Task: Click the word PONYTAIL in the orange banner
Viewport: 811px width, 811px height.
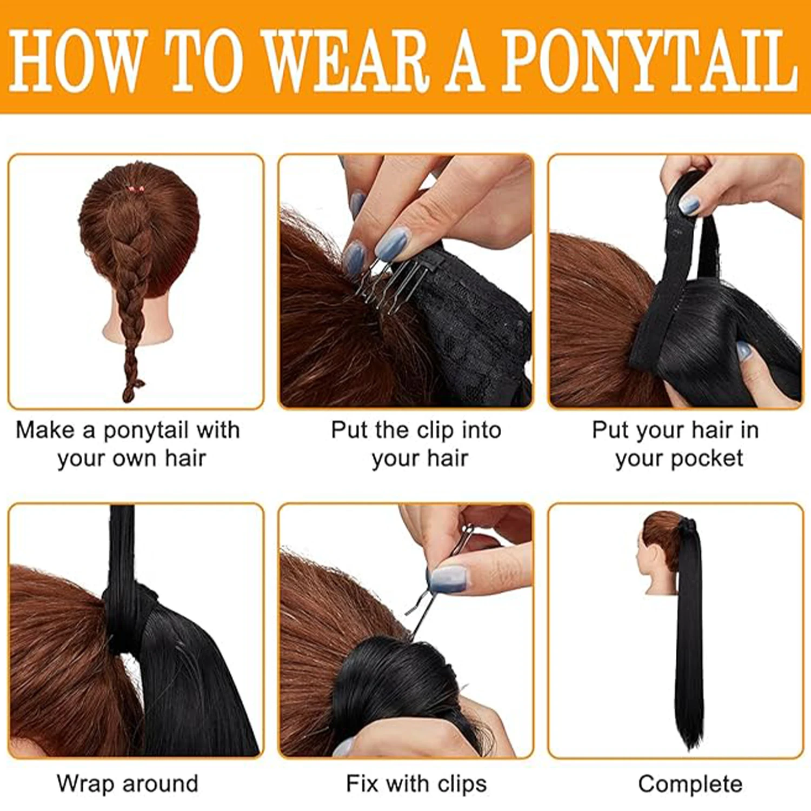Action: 649,61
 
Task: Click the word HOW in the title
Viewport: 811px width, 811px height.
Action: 78,61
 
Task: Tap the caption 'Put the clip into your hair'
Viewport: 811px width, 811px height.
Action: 416,444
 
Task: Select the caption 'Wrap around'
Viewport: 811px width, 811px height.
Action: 128,783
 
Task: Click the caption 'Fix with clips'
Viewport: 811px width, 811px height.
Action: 416,783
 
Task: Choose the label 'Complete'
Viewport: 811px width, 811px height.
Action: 690,783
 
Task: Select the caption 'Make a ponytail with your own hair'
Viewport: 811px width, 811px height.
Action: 128,444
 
